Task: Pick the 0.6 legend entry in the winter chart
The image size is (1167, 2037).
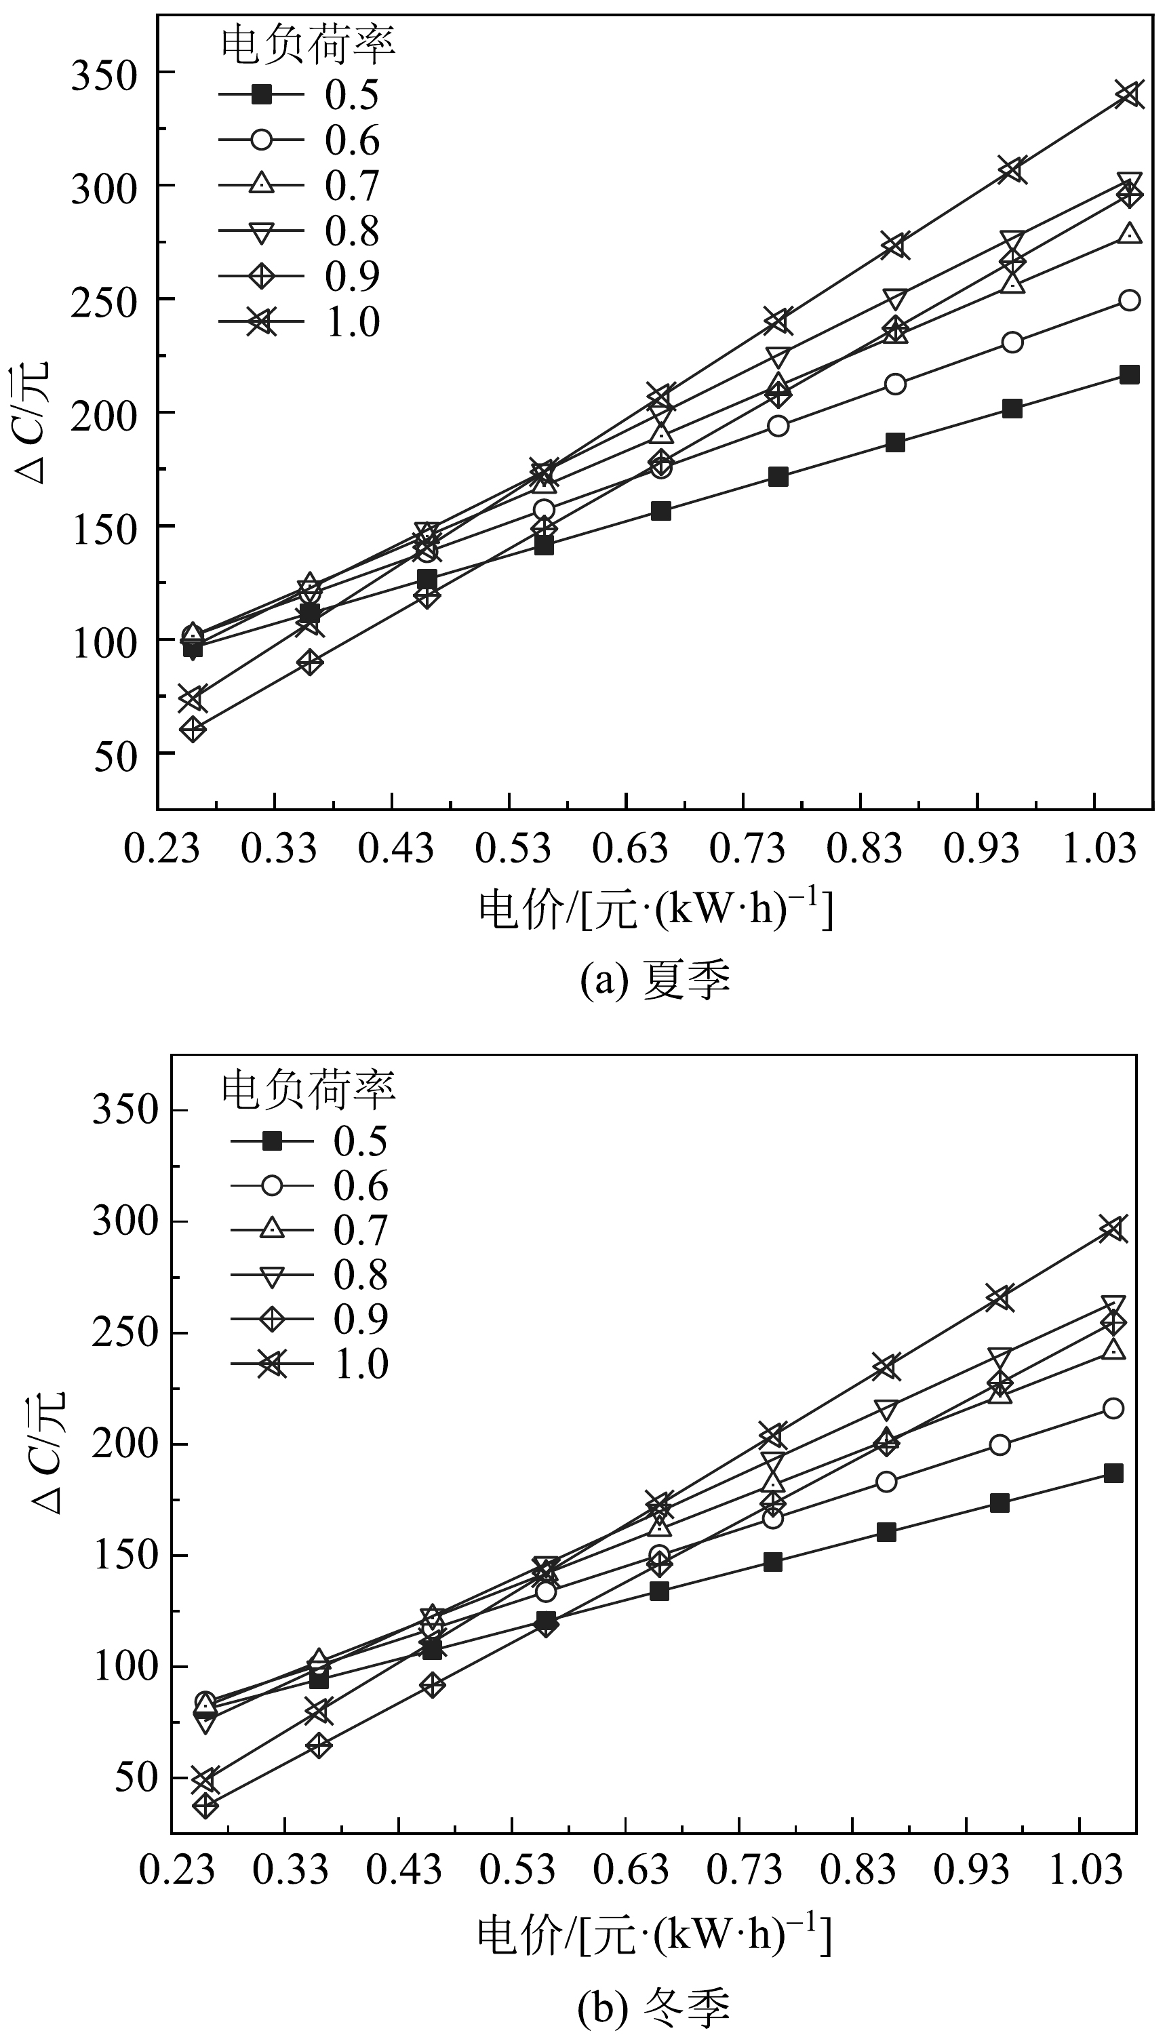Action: click(309, 1186)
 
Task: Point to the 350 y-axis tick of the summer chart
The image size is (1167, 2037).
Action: click(104, 74)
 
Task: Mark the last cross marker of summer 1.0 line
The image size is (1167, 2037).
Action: click(1129, 94)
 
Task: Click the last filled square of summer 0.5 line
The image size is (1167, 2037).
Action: click(1129, 374)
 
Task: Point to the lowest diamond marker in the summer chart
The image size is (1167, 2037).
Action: click(193, 729)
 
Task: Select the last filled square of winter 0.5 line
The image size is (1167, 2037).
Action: click(1113, 1473)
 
